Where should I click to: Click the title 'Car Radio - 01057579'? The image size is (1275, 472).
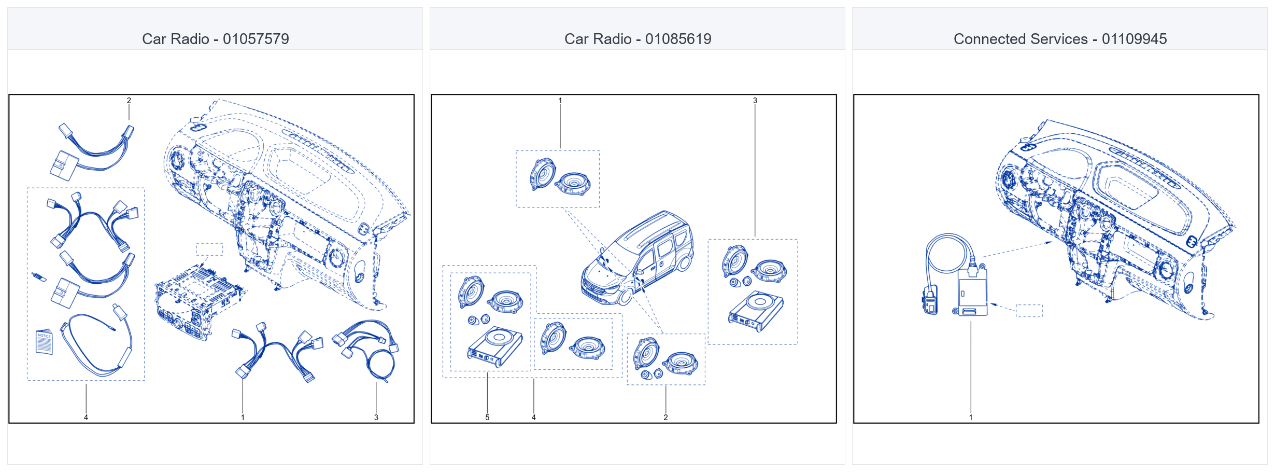215,39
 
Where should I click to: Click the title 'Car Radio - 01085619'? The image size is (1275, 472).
637,39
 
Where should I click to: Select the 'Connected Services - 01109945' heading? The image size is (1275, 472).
1060,39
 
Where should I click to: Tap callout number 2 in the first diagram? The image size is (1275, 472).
129,101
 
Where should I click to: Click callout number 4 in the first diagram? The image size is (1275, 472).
86,417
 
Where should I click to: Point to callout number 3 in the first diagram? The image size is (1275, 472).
376,417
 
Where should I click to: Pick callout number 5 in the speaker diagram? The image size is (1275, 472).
487,417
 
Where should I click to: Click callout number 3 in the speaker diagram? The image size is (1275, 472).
755,101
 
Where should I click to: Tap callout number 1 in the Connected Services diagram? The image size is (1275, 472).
971,417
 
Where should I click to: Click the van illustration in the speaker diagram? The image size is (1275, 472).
637,258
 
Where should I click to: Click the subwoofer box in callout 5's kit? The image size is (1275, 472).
495,346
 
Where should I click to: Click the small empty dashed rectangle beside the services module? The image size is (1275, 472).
1029,310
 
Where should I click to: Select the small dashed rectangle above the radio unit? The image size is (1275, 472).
209,249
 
